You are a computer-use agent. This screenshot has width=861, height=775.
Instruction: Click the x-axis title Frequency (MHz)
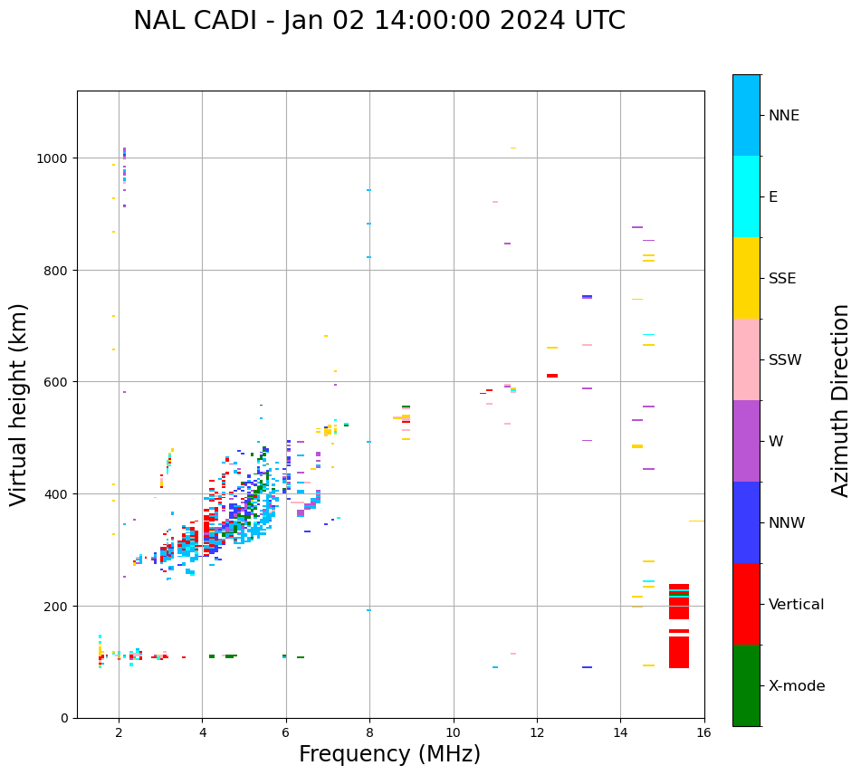point(389,754)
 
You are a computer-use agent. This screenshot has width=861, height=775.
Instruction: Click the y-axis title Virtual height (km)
point(19,405)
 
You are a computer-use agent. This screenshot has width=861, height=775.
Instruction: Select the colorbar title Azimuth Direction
point(841,400)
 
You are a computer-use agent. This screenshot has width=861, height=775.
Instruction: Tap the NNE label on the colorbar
point(784,115)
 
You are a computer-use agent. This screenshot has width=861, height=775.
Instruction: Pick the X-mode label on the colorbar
point(797,686)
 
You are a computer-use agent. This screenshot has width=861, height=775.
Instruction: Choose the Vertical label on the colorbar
point(797,605)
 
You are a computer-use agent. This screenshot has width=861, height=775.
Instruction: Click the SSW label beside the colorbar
point(785,359)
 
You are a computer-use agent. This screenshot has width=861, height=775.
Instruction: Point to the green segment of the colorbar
point(746,685)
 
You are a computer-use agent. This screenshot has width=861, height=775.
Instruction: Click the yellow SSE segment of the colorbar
point(746,278)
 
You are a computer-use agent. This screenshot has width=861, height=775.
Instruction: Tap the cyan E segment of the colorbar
point(746,196)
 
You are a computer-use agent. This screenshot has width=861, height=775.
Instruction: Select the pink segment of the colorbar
point(746,359)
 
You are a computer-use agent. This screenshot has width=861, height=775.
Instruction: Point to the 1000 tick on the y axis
point(53,158)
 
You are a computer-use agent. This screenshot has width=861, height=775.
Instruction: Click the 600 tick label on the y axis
point(56,382)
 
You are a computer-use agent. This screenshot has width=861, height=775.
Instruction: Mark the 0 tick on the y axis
point(64,718)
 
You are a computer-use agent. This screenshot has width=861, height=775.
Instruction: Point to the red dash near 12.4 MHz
point(552,376)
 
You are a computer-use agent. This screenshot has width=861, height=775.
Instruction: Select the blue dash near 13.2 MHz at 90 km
point(588,667)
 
